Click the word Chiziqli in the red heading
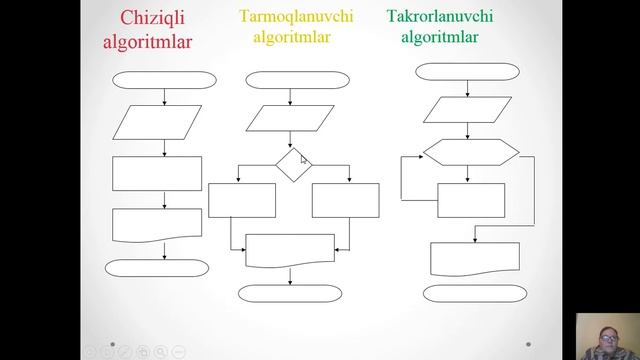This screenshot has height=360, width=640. tap(153, 18)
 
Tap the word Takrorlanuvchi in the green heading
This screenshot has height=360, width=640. tap(439, 16)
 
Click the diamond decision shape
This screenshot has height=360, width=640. tap(292, 164)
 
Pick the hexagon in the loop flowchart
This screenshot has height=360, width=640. tap(471, 152)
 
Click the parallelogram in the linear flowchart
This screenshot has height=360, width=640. tap(158, 122)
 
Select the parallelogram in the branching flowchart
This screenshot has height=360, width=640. tap(290, 119)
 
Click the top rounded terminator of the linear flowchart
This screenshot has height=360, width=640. tap(163, 81)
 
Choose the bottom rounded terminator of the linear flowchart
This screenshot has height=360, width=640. tap(157, 268)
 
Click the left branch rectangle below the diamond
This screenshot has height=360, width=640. tap(242, 200)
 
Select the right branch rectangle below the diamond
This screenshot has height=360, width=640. tap(346, 200)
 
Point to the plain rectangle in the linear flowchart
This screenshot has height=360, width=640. tap(157, 173)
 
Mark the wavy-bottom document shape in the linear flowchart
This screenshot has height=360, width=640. tap(157, 224)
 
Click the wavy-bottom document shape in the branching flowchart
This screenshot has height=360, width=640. tap(290, 249)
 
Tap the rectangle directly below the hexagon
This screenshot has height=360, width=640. tap(471, 200)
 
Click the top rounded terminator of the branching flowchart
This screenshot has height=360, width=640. tap(289, 80)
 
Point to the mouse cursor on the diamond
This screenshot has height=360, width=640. tap(304, 158)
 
